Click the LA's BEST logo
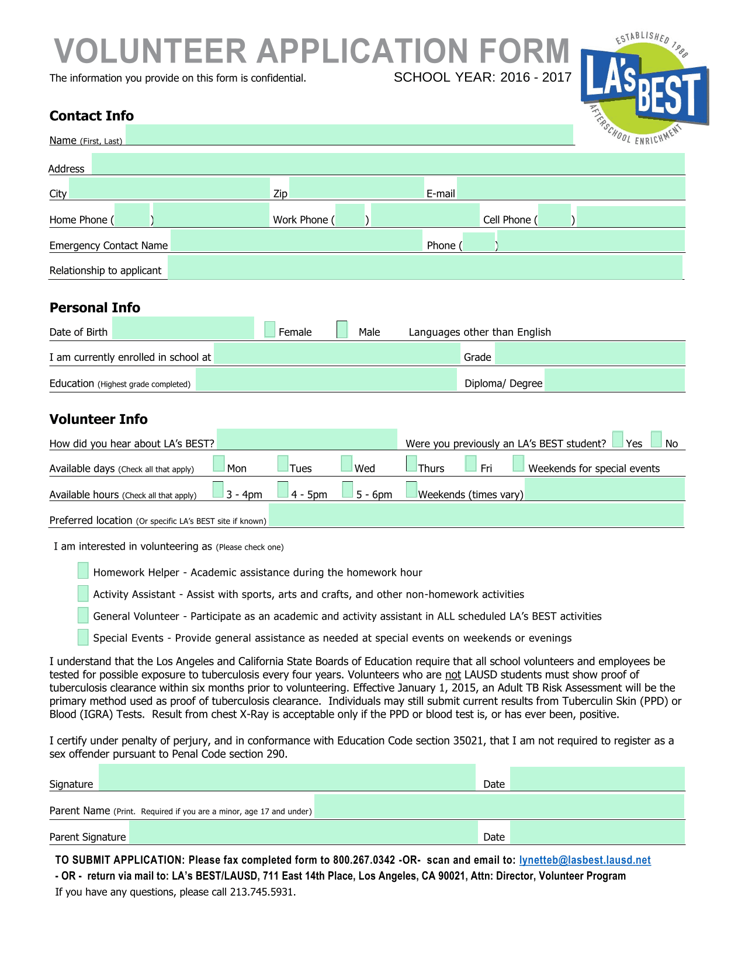(644, 88)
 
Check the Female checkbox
(270, 329)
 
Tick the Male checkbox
(342, 329)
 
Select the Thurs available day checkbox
(411, 464)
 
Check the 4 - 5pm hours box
(283, 490)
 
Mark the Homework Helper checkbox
(83, 571)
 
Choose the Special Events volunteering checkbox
(83, 637)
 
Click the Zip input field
(356, 189)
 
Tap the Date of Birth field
(183, 328)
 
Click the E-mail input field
(570, 189)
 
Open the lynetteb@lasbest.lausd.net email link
(585, 860)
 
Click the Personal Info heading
(95, 308)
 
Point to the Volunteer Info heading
(98, 419)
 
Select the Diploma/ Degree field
(614, 380)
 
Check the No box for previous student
(656, 439)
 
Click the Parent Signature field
(303, 832)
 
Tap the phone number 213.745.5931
(262, 892)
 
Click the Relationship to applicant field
(425, 267)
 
